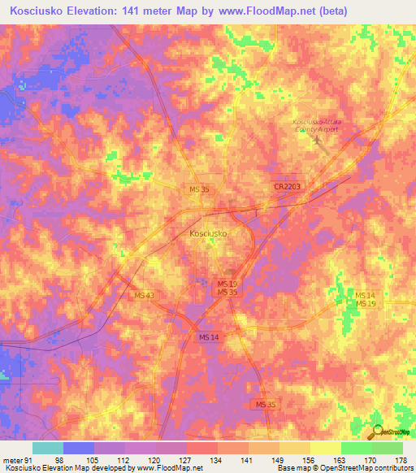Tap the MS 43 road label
[x=144, y=295]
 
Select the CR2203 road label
[x=287, y=187]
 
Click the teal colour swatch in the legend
[x=48, y=448]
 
